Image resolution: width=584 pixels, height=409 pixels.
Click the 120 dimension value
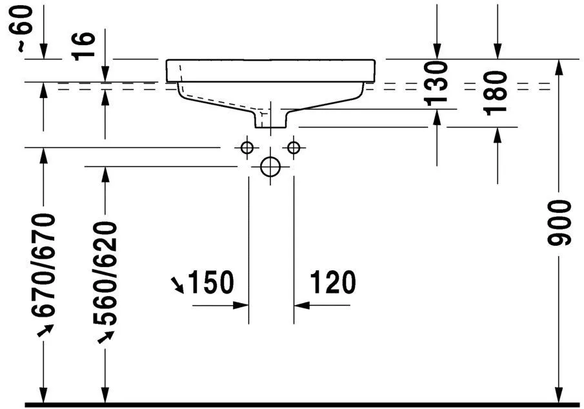(x=332, y=283)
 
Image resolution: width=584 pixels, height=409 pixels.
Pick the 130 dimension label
(x=437, y=82)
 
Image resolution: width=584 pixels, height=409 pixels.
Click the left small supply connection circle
(x=246, y=148)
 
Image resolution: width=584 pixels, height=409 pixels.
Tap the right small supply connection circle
(x=294, y=148)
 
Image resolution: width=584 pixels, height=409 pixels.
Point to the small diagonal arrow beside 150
(x=176, y=283)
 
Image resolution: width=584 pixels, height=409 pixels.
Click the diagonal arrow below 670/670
(x=45, y=331)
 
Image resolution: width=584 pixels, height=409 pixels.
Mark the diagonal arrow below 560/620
(x=106, y=337)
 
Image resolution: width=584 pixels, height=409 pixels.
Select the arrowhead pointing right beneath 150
(x=242, y=304)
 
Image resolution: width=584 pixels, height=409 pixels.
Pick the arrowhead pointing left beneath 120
(x=301, y=304)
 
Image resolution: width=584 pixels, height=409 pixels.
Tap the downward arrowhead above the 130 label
(x=437, y=52)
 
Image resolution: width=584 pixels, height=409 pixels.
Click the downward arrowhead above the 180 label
(x=497, y=52)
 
